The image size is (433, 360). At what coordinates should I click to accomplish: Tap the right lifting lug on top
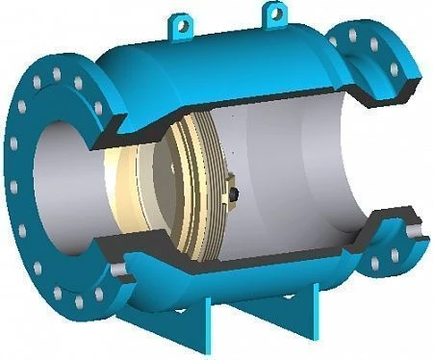tap(274, 14)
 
